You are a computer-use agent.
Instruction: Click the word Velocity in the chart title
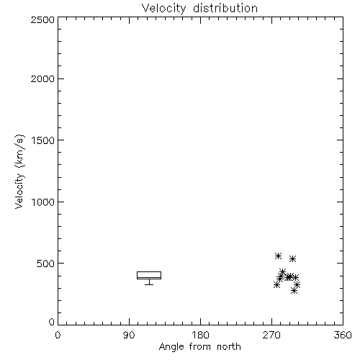[163, 9]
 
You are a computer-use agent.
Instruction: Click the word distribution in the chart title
[225, 8]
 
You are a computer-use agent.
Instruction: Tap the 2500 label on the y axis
[42, 19]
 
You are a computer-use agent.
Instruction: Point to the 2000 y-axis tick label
[42, 78]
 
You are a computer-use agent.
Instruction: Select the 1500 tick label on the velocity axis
[43, 140]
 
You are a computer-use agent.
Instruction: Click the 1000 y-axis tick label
[43, 202]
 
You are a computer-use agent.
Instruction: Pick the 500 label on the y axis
[45, 264]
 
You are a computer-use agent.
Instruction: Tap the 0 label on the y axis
[52, 322]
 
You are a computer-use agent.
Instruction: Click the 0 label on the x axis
[58, 335]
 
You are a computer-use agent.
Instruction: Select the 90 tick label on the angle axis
[129, 335]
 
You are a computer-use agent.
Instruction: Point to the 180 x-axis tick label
[200, 335]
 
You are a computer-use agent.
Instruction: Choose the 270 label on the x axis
[271, 335]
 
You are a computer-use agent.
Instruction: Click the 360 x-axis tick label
[343, 335]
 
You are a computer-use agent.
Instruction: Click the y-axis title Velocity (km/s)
[19, 171]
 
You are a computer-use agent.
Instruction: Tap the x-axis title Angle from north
[200, 347]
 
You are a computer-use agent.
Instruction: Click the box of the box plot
[149, 271]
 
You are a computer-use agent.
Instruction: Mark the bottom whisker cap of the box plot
[149, 284]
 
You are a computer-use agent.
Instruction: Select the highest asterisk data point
[278, 256]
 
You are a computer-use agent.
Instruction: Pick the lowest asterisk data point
[294, 291]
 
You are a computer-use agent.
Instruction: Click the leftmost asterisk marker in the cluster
[276, 285]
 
